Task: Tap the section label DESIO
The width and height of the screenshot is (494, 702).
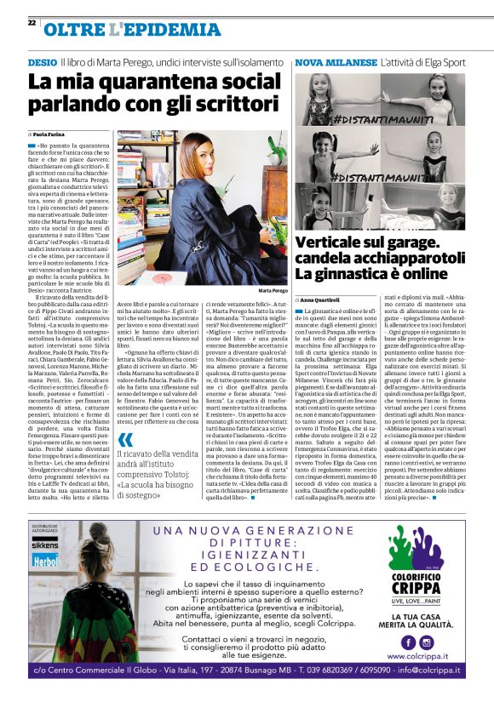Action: click(x=43, y=63)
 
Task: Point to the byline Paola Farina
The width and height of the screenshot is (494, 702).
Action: click(x=51, y=134)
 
